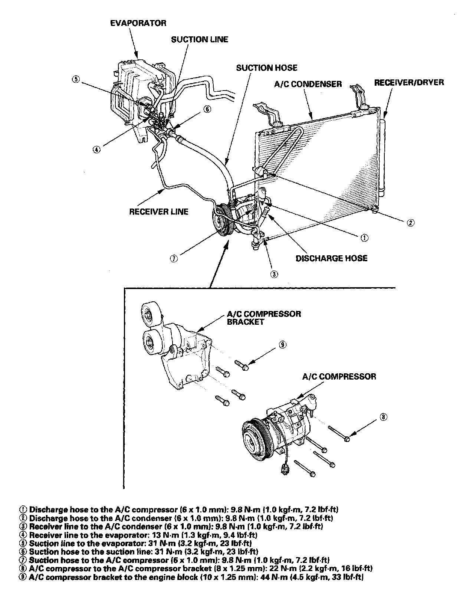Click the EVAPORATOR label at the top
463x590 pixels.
coord(138,23)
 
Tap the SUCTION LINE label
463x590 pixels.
coord(200,39)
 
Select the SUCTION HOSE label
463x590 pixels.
coord(267,68)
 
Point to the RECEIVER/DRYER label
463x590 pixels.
coord(409,82)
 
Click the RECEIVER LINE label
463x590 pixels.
coord(159,212)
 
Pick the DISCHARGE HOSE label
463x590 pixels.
coord(331,258)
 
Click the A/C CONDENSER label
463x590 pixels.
coord(308,84)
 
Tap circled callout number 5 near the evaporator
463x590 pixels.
coord(76,79)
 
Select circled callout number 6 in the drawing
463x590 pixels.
coord(207,109)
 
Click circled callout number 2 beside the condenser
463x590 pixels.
coord(410,222)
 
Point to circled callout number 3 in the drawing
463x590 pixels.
coord(274,274)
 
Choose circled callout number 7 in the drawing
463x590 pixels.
coord(174,259)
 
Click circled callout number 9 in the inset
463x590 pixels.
coord(283,344)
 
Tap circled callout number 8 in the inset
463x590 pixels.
coord(383,417)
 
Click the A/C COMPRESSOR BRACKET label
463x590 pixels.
coord(264,318)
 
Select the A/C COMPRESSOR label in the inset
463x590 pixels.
coord(339,376)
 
